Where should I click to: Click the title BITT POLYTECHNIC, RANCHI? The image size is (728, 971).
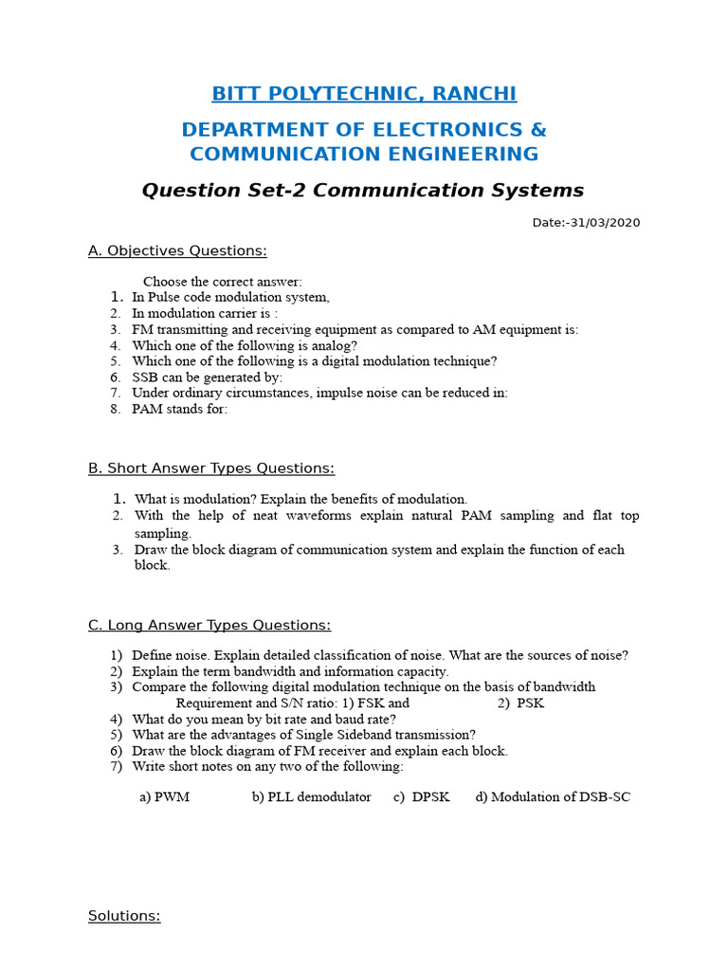364,93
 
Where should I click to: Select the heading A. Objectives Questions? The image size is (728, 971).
177,250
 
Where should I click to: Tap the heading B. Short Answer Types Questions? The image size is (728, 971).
211,468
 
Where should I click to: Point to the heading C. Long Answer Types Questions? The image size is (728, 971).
209,625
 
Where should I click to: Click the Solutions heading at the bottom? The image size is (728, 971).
124,916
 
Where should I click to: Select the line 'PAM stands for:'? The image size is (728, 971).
180,409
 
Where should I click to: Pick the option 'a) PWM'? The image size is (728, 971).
165,797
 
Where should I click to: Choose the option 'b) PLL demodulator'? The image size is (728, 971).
311,797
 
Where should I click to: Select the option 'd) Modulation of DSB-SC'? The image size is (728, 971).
553,797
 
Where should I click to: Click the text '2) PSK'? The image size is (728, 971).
520,703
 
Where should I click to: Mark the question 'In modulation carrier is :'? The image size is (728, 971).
205,313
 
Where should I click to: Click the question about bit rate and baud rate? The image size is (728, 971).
264,719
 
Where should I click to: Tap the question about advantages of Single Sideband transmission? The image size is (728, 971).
303,734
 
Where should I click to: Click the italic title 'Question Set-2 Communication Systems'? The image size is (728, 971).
363,190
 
